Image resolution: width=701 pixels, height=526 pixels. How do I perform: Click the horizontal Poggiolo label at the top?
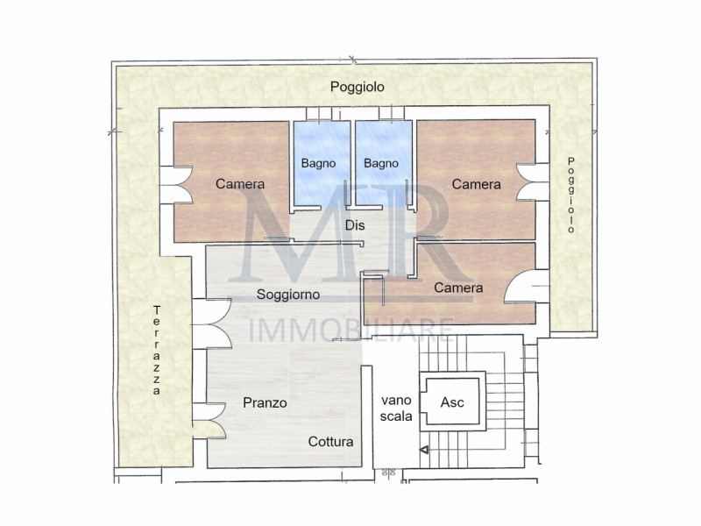pyautogui.click(x=357, y=87)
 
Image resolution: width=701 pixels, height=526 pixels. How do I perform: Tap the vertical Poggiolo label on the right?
pyautogui.click(x=570, y=194)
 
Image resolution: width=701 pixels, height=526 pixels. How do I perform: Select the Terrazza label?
pyautogui.click(x=157, y=351)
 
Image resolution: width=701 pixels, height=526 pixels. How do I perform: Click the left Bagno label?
pyautogui.click(x=319, y=163)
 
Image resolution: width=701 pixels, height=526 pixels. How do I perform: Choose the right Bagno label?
pyautogui.click(x=381, y=163)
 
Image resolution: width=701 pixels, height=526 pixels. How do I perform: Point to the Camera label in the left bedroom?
pyautogui.click(x=240, y=184)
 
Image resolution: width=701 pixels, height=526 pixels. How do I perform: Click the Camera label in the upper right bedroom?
pyautogui.click(x=476, y=184)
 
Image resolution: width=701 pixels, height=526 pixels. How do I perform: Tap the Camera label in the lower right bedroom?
pyautogui.click(x=458, y=288)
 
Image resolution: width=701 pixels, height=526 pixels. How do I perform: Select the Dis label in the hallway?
pyautogui.click(x=355, y=225)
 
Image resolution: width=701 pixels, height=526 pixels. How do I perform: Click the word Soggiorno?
pyautogui.click(x=287, y=295)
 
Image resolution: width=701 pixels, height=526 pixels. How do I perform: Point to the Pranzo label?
pyautogui.click(x=265, y=402)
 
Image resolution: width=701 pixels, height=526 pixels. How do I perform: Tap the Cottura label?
pyautogui.click(x=330, y=442)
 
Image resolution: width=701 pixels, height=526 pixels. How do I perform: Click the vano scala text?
pyautogui.click(x=396, y=409)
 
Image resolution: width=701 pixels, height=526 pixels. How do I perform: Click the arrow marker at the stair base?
pyautogui.click(x=425, y=451)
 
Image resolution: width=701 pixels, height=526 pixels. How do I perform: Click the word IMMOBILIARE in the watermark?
pyautogui.click(x=350, y=331)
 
